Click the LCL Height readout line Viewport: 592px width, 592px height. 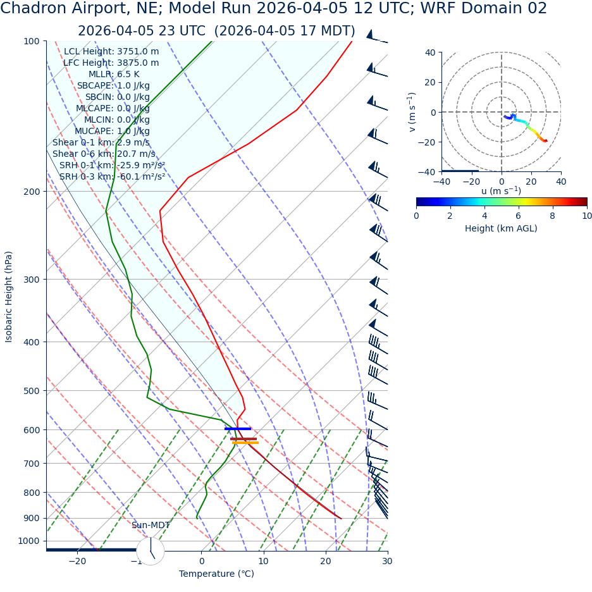(x=111, y=52)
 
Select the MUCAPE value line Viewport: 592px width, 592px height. (x=112, y=132)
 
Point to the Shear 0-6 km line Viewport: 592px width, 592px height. (x=104, y=154)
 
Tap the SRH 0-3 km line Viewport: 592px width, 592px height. (x=112, y=177)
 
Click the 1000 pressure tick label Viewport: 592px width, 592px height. (x=29, y=541)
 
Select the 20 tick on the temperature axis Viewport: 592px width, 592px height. (x=326, y=562)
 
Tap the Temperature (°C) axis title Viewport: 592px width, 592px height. (x=216, y=574)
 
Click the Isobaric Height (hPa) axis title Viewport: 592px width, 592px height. (x=9, y=297)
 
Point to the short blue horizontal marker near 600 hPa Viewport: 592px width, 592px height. (x=238, y=429)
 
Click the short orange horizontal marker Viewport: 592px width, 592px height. (x=245, y=443)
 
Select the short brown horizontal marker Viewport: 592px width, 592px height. (x=244, y=439)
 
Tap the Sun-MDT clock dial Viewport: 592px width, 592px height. (x=151, y=551)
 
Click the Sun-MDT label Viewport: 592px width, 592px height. (x=151, y=526)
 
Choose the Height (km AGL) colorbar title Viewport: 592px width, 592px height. (x=501, y=229)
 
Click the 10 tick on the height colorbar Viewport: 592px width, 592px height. (x=587, y=216)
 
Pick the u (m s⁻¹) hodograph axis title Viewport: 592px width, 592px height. (x=501, y=191)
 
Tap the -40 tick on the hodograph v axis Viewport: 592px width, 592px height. (x=430, y=171)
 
